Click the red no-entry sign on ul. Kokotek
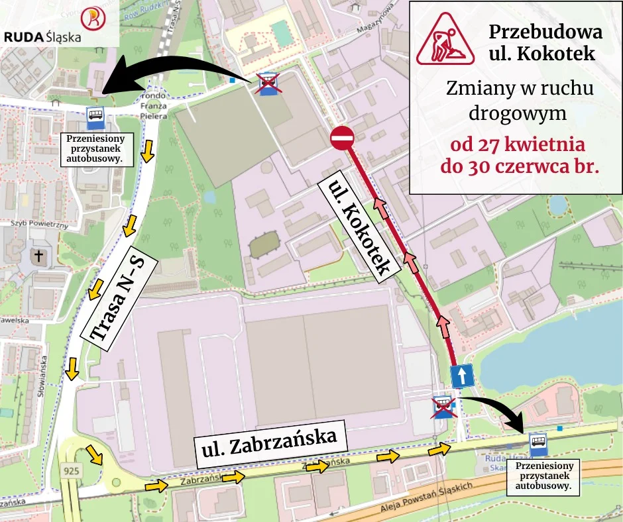coord(342,138)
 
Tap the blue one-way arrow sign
coord(462,376)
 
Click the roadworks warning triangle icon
coord(445,38)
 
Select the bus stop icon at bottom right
coord(538,444)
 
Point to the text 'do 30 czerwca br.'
coord(520,166)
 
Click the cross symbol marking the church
coord(38,256)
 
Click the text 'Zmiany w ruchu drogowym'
coord(520,100)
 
